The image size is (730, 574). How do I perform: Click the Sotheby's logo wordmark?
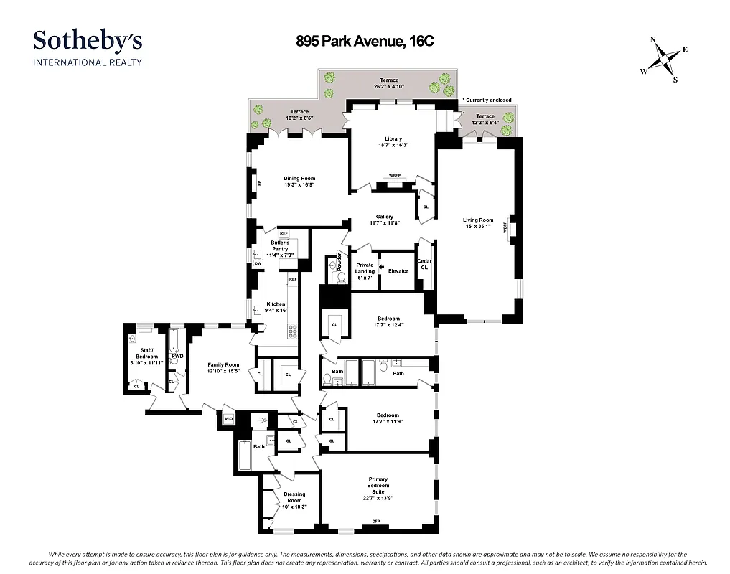pyautogui.click(x=88, y=40)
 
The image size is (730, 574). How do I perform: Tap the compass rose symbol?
pyautogui.click(x=665, y=60)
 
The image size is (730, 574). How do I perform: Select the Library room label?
pyautogui.click(x=393, y=139)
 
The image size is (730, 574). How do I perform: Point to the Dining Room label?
pyautogui.click(x=299, y=179)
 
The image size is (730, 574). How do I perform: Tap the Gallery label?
pyautogui.click(x=385, y=217)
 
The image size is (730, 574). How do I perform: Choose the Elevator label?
pyautogui.click(x=398, y=271)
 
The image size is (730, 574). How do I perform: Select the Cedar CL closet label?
pyautogui.click(x=424, y=264)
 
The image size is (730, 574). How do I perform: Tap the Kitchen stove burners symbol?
pyautogui.click(x=292, y=331)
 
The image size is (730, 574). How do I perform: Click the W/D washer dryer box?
pyautogui.click(x=228, y=419)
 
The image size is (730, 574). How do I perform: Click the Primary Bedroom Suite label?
pyautogui.click(x=378, y=486)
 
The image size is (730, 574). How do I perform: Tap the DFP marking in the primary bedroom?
pyautogui.click(x=375, y=521)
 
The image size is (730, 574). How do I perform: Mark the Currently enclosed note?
pyautogui.click(x=487, y=100)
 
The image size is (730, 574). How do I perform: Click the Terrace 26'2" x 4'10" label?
pyautogui.click(x=389, y=83)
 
